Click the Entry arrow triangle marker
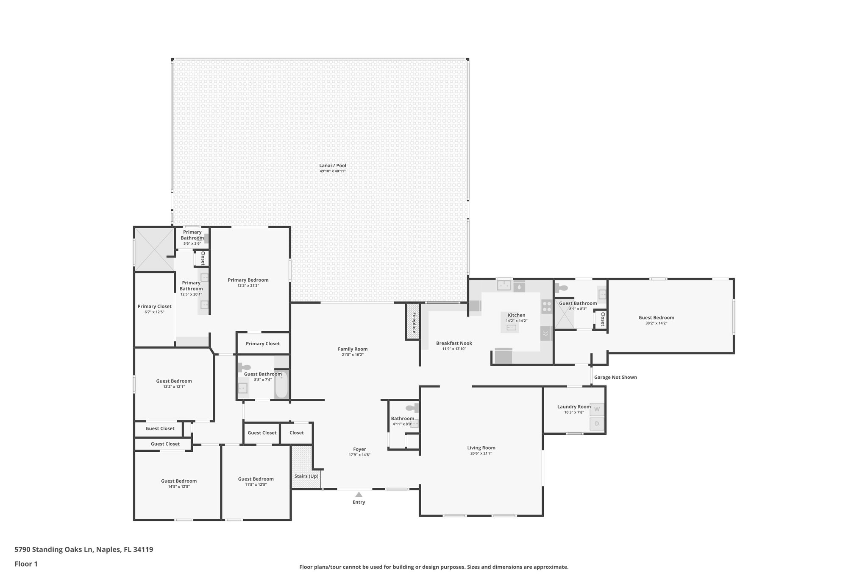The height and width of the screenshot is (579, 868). coord(359,494)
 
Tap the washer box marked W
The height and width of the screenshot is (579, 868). coord(597,409)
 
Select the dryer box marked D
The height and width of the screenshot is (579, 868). coord(597,424)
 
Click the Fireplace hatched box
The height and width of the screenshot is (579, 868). coord(412,321)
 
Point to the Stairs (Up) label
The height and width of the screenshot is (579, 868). coord(306,476)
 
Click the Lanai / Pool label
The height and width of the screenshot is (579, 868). coord(333,165)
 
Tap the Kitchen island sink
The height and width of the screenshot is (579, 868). coord(512,327)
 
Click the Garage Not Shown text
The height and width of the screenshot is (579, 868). coord(615,377)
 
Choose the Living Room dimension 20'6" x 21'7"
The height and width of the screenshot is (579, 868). coord(481,453)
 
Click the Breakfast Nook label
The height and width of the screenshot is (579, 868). coord(454,343)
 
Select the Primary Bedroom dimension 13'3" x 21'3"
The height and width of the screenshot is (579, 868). coord(248,285)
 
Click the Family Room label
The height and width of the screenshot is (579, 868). coord(352,349)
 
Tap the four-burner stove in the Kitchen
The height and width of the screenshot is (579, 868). coord(546,306)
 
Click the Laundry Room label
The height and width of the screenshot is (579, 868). coord(573,407)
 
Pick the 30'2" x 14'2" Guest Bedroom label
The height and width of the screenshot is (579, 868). coord(656,317)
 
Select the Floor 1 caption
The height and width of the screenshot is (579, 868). coord(26,564)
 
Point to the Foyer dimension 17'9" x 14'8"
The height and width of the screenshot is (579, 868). coord(359,455)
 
